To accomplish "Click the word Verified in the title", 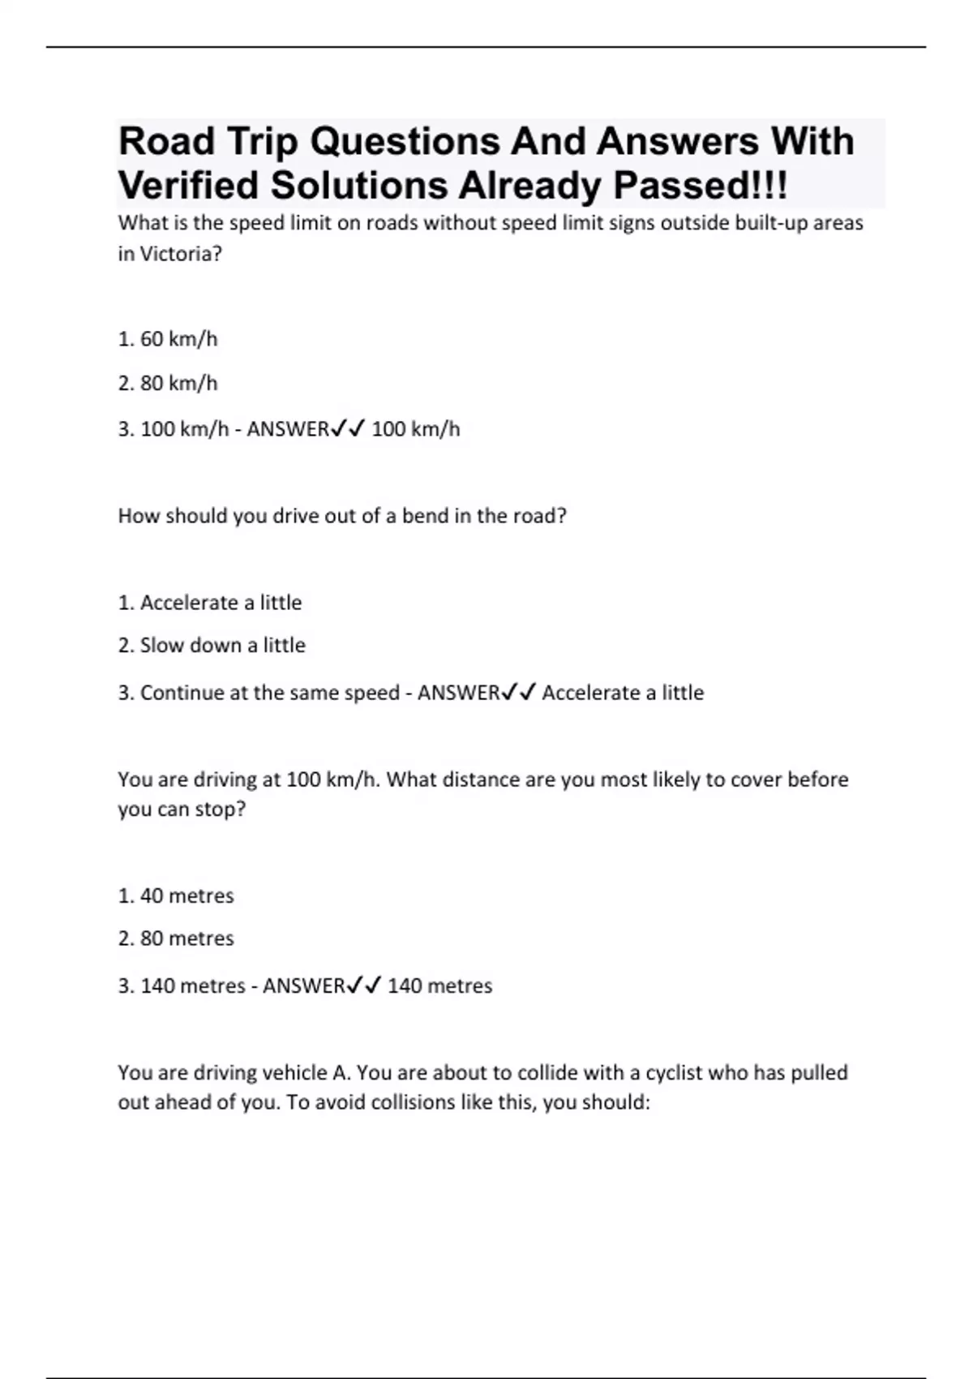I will [x=189, y=185].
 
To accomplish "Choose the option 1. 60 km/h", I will [x=168, y=339].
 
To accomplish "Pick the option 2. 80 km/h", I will [x=168, y=383].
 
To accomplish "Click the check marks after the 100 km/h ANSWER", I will [x=349, y=428].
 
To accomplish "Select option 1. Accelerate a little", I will [x=210, y=603].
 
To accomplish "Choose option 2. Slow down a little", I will [x=212, y=646].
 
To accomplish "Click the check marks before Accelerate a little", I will [x=519, y=693].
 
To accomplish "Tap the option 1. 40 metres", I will [x=176, y=896].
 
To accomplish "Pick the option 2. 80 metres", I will [x=176, y=939].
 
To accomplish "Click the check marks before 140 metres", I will [x=364, y=986].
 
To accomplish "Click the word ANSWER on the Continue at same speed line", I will [x=458, y=693].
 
